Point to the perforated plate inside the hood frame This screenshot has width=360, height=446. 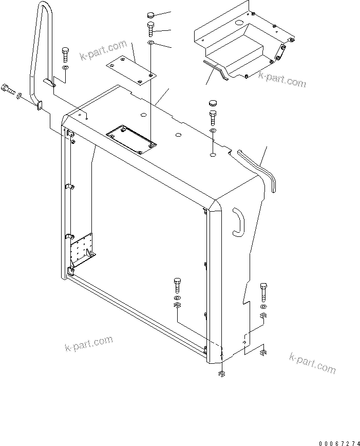click(x=81, y=247)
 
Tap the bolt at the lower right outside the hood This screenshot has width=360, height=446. click(x=264, y=291)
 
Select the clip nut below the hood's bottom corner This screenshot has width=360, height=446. click(x=221, y=374)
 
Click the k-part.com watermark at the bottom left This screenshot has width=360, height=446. click(x=88, y=344)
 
